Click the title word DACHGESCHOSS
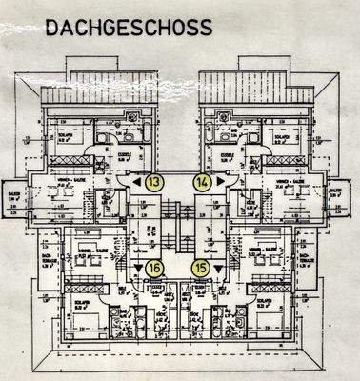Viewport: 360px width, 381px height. point(128,29)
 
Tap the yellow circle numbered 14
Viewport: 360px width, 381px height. point(203,180)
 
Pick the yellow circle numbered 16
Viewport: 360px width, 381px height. point(155,268)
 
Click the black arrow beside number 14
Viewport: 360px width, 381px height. point(218,180)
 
